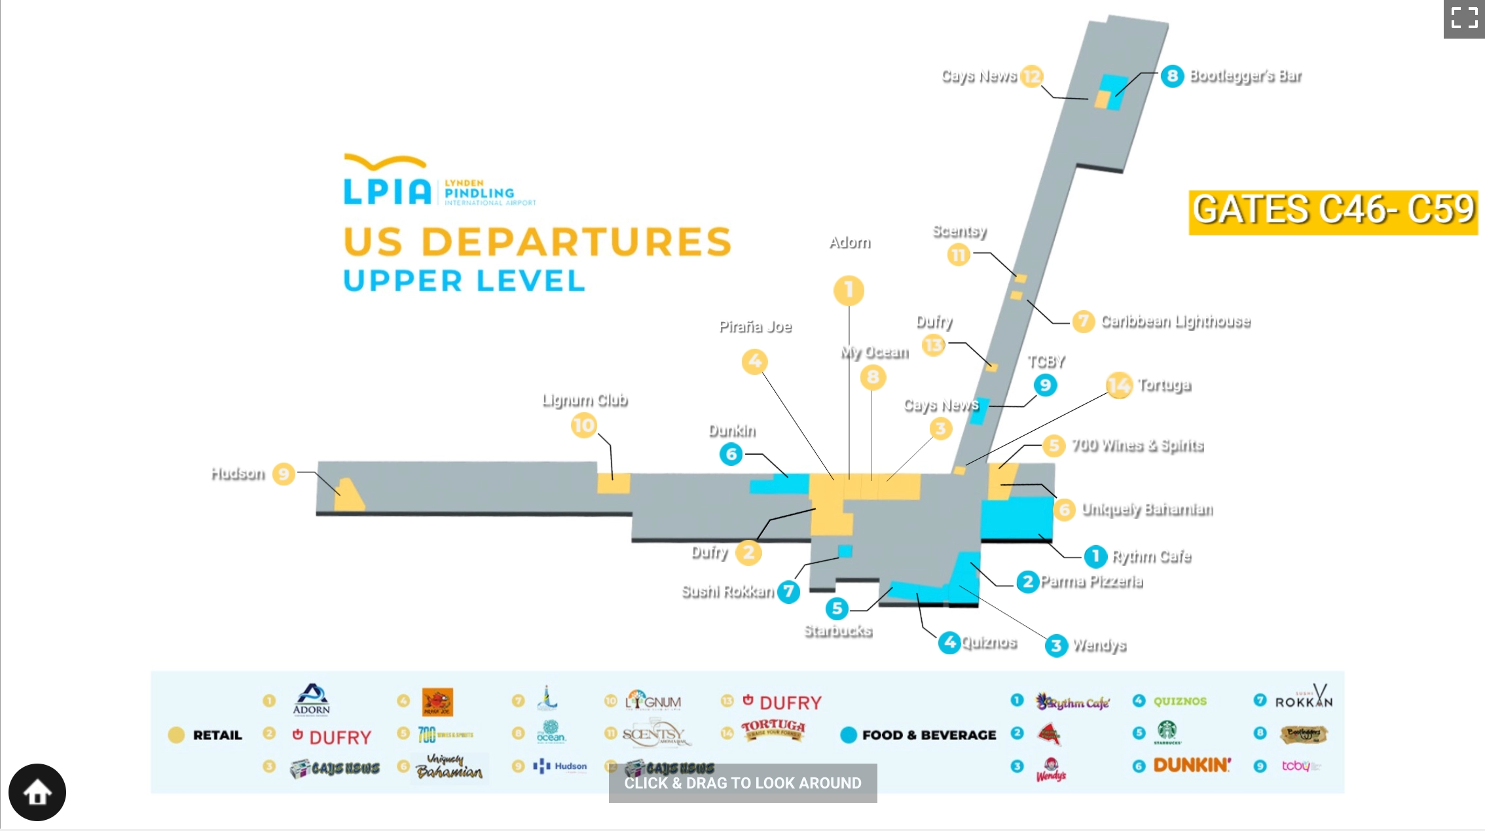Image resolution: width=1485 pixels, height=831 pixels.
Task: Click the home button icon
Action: [37, 792]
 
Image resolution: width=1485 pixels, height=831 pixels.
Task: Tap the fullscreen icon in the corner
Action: [1464, 18]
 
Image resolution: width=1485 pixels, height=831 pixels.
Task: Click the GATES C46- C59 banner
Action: [1333, 211]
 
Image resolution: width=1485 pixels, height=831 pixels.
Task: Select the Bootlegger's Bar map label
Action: [1245, 76]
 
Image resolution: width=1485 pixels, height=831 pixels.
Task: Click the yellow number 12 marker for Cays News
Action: [1032, 77]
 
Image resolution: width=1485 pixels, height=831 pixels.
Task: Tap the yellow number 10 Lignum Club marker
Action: [583, 426]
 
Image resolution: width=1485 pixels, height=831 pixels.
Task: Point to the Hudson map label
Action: [238, 473]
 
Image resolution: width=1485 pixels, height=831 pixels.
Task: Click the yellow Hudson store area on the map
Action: [348, 496]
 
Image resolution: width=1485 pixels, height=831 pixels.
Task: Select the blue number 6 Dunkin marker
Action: [731, 454]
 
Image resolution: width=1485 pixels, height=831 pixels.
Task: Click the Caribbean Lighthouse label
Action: [1175, 321]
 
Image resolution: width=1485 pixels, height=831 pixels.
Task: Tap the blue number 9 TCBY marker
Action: [1045, 385]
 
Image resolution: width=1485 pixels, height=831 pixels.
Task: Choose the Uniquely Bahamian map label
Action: [1147, 509]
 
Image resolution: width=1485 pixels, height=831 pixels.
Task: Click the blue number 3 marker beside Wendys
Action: [1055, 646]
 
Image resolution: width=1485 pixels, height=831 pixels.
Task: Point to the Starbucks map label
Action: [838, 631]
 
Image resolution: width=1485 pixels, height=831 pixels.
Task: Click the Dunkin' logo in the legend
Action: [1192, 765]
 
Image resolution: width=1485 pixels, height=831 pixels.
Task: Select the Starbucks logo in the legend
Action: [1167, 732]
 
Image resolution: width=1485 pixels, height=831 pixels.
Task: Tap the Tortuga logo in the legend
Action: [773, 729]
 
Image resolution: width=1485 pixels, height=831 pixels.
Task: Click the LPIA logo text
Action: [387, 190]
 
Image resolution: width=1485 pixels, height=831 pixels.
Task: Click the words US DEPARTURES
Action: [537, 241]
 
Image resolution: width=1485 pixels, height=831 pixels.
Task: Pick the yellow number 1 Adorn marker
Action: [849, 290]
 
